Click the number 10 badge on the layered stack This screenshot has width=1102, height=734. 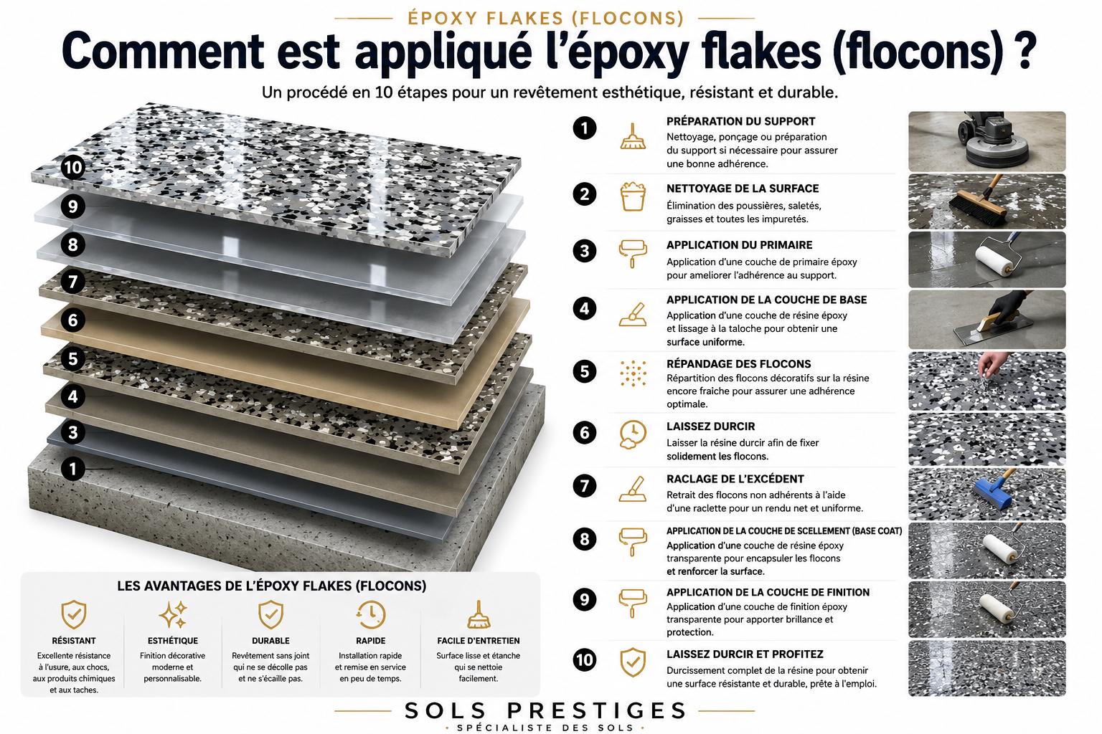(72, 168)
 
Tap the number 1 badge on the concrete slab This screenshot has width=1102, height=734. (72, 469)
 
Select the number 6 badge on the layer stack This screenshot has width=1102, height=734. (72, 320)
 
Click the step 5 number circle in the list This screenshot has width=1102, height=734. (585, 371)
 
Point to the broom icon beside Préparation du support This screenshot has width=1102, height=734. (633, 136)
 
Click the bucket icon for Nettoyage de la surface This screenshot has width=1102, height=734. (633, 196)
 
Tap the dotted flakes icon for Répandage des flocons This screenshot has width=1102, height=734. (634, 373)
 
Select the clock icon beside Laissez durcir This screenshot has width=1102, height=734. (632, 434)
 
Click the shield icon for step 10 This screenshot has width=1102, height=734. (633, 662)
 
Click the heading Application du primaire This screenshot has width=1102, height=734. (740, 245)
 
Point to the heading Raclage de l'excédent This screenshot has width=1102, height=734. (735, 479)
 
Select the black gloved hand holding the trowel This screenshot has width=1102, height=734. (1007, 305)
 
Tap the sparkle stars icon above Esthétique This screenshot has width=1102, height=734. (173, 614)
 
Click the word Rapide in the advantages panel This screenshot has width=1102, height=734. (370, 641)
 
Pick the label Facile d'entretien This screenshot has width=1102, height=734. (479, 641)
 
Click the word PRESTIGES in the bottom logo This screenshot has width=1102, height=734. (595, 710)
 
